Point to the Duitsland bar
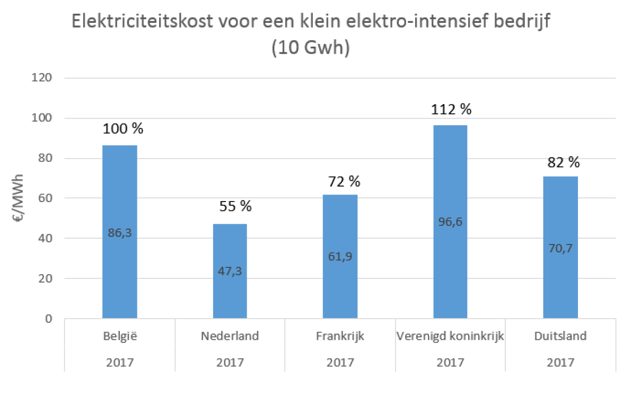[560, 223]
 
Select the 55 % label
[235, 206]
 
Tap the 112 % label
[451, 109]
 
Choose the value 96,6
[450, 222]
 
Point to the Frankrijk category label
[340, 336]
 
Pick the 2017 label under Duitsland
[560, 363]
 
